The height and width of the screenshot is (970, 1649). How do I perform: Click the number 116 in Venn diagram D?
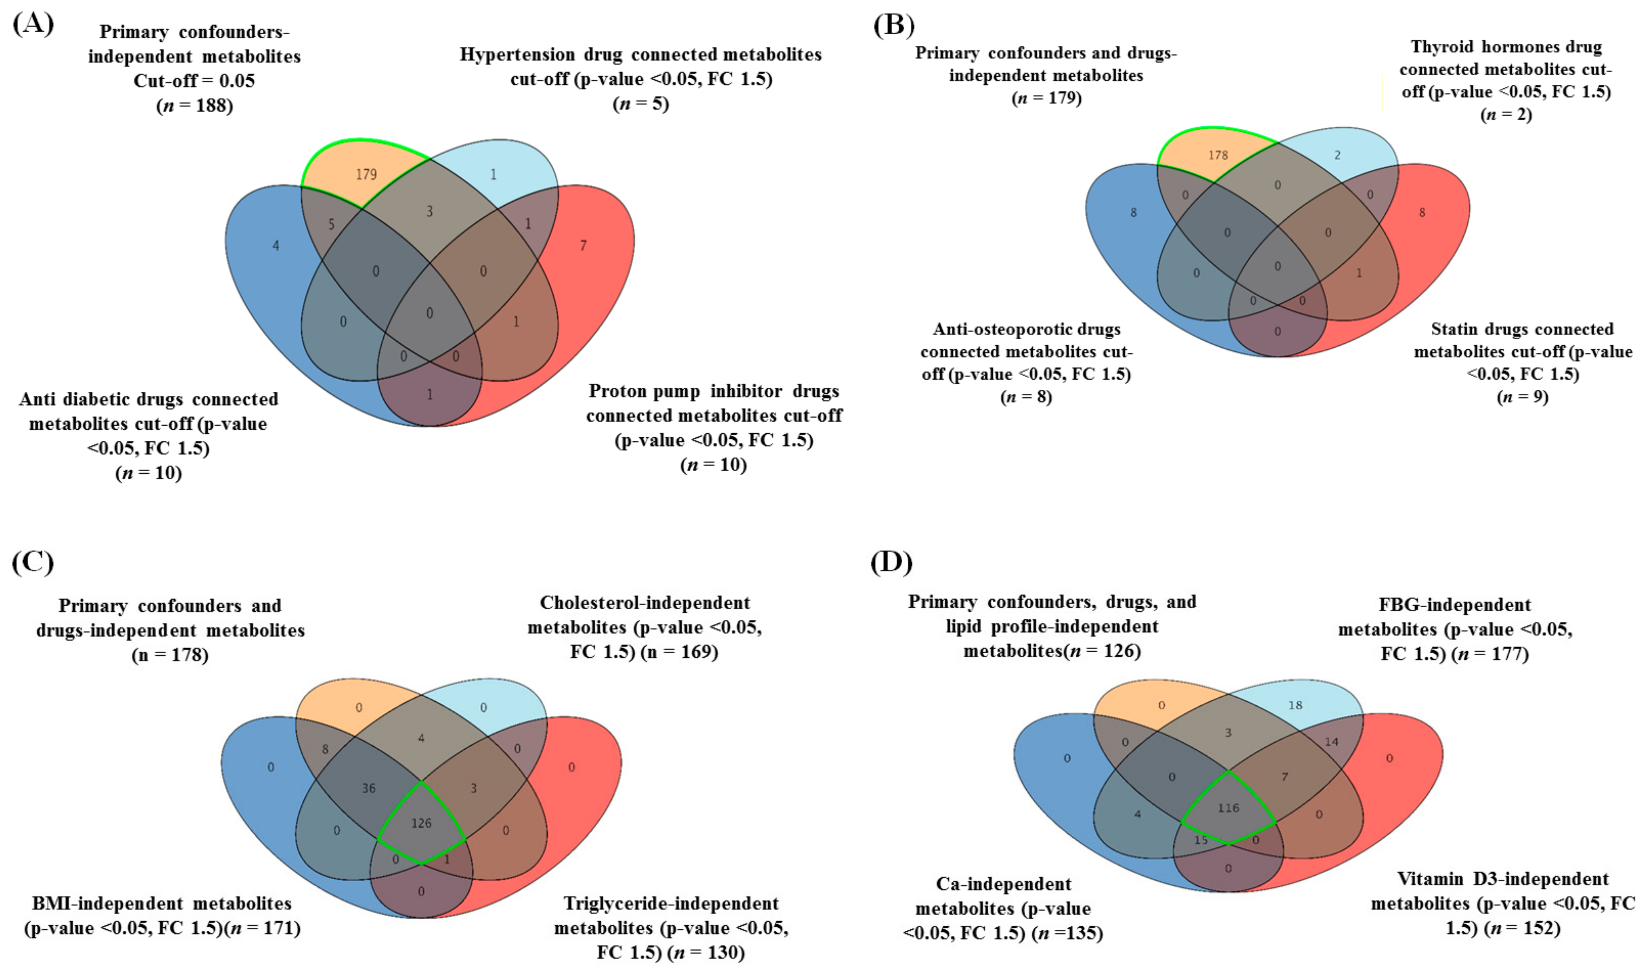(x=1228, y=808)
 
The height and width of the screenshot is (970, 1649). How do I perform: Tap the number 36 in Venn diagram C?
(x=368, y=788)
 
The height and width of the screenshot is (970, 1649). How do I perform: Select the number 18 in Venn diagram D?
(x=1295, y=705)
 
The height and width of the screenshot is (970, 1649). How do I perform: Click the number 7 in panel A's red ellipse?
(x=583, y=245)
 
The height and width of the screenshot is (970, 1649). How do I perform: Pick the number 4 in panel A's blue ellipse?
(x=275, y=246)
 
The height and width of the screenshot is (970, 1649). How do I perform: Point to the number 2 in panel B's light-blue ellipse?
(x=1337, y=155)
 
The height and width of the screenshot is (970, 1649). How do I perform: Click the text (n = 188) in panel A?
(x=194, y=105)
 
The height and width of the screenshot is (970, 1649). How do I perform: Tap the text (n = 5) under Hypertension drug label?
(x=641, y=103)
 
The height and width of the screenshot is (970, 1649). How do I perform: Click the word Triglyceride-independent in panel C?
(x=671, y=904)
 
